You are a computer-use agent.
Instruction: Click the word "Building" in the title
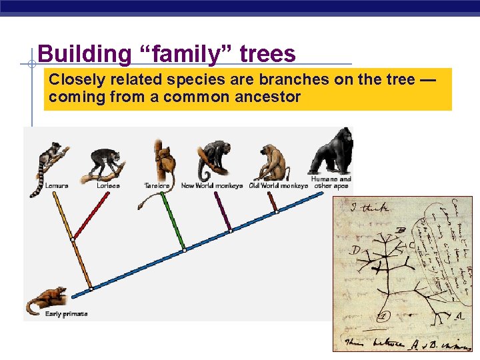click(x=84, y=53)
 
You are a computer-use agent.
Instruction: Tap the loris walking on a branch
click(x=107, y=163)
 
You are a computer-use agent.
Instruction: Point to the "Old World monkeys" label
click(x=278, y=186)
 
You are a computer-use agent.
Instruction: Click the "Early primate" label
click(x=66, y=314)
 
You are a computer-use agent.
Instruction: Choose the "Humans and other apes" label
click(x=331, y=183)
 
